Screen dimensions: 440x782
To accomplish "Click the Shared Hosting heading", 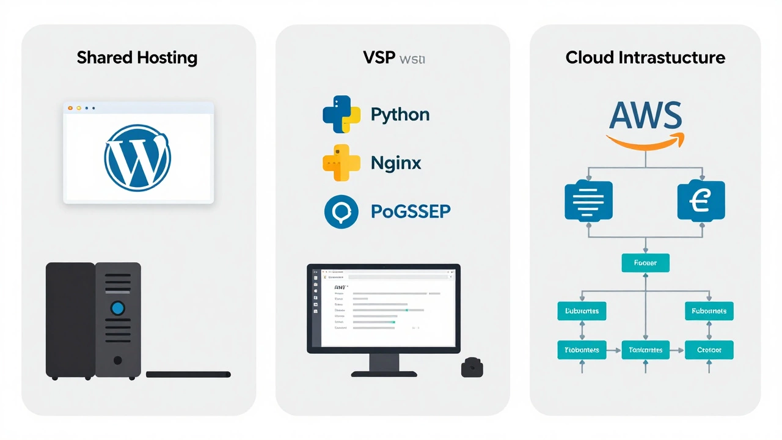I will [x=137, y=58].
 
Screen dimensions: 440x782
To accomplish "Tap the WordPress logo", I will [x=137, y=156].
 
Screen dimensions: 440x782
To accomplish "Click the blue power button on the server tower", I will [x=118, y=307].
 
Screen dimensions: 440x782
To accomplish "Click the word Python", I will [x=400, y=115].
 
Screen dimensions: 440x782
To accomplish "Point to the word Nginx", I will [x=396, y=163].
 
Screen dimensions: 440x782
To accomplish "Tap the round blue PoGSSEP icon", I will [x=342, y=211].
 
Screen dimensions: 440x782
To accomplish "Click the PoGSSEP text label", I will [x=411, y=211].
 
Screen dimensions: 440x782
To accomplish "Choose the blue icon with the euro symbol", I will [x=701, y=200].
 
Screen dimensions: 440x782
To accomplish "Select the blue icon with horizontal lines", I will [x=589, y=200].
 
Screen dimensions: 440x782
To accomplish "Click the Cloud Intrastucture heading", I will [x=645, y=58].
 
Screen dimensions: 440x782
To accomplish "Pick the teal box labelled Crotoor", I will [x=709, y=350].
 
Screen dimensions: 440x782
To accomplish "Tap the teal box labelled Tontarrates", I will [x=645, y=350].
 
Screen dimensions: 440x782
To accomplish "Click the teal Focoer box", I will [x=645, y=263].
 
